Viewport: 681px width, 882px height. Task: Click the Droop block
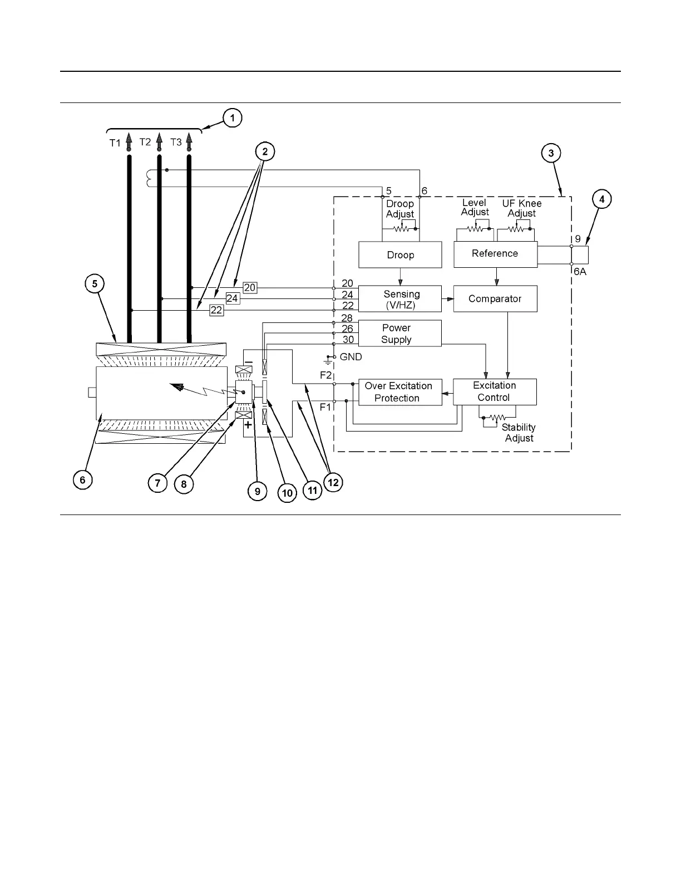(x=400, y=255)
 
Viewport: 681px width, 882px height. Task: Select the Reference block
(x=495, y=254)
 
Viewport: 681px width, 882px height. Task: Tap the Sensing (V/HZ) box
(x=399, y=299)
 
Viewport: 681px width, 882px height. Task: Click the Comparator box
(x=495, y=299)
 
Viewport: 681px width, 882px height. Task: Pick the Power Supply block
(x=399, y=334)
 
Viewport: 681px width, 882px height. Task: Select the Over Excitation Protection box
(x=399, y=392)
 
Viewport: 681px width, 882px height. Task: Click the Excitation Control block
(x=495, y=391)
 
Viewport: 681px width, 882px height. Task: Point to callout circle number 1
(x=232, y=118)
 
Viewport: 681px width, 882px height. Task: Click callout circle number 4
(x=601, y=199)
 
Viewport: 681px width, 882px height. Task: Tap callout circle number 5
(x=95, y=283)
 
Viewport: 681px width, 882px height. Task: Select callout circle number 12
(x=333, y=482)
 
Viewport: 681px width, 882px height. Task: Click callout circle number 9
(x=257, y=492)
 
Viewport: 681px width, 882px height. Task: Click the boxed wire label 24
(x=232, y=298)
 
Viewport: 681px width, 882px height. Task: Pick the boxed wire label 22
(x=216, y=310)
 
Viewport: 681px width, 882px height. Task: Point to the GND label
(x=351, y=357)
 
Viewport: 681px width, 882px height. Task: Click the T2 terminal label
(x=145, y=142)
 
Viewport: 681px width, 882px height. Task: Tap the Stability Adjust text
(x=519, y=433)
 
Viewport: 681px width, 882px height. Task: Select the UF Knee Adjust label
(x=521, y=208)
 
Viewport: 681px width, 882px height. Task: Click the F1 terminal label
(x=325, y=407)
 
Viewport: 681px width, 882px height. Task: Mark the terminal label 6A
(x=580, y=272)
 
